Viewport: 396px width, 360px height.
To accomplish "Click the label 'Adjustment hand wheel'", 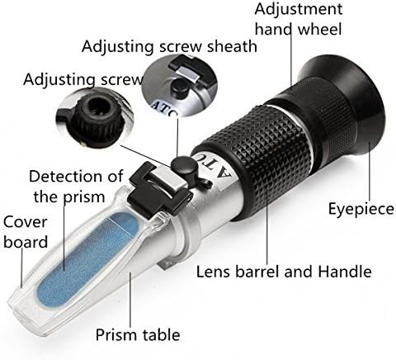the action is pos(299,19).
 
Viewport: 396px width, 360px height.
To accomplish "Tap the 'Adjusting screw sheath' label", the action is pos(169,46).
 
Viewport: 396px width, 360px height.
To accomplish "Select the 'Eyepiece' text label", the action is pos(361,209).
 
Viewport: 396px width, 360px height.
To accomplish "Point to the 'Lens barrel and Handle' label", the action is pos(284,272).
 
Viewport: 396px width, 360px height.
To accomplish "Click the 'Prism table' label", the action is pos(138,334).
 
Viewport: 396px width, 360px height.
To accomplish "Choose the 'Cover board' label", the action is pos(26,232).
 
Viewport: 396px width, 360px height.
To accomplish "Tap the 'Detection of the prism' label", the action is pos(76,186).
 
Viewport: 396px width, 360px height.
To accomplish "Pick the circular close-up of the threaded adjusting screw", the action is pos(94,118).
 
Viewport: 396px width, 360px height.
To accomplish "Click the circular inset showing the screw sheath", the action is pos(181,85).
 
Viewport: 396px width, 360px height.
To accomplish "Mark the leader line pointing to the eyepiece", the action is pos(370,171).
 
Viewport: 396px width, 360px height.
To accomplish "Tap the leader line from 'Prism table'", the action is pos(130,299).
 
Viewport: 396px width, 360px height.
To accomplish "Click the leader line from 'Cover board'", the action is pos(22,268).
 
